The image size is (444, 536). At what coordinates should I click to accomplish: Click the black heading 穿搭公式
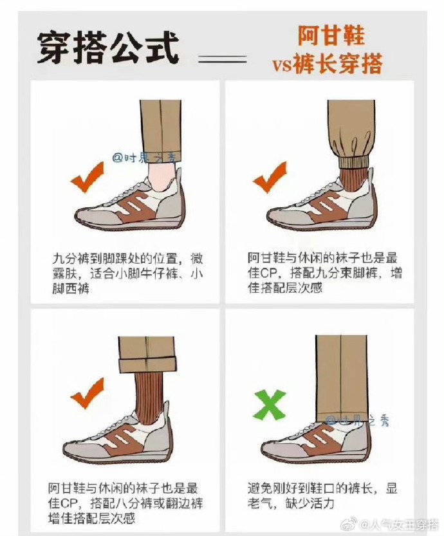[108, 48]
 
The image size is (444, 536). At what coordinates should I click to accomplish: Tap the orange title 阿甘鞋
[331, 35]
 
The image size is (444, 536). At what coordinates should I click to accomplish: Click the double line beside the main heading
[223, 59]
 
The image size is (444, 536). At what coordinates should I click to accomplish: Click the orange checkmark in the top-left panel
[86, 178]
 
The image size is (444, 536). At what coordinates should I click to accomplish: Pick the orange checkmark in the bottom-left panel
[86, 393]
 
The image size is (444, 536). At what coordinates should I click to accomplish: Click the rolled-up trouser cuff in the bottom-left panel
[148, 365]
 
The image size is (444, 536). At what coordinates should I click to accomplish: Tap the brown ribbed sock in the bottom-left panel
[151, 393]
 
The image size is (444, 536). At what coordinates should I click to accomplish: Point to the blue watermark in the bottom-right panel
[358, 420]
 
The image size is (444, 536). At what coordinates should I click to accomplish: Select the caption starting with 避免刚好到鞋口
[323, 495]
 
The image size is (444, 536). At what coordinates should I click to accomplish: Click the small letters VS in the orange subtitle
[282, 65]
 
